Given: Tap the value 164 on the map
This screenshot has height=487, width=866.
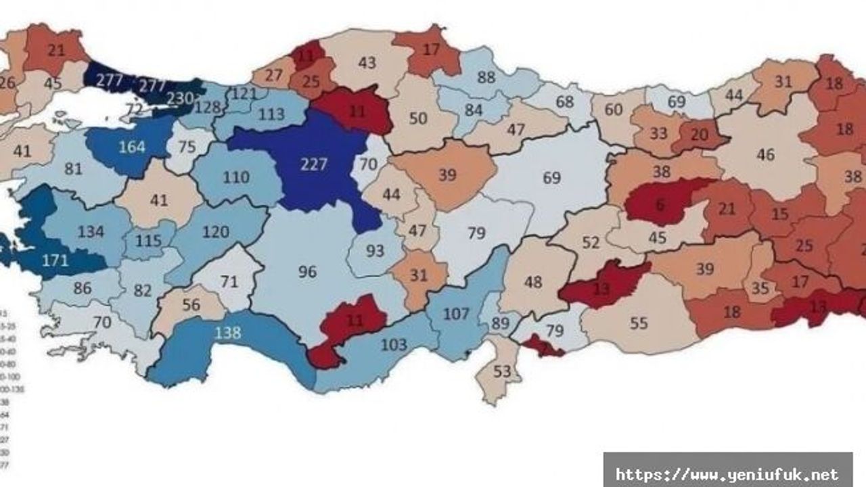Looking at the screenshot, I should (x=131, y=147).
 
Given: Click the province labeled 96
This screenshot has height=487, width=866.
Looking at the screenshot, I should (x=307, y=272).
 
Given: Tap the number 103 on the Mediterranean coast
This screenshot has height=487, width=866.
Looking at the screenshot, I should (x=393, y=345).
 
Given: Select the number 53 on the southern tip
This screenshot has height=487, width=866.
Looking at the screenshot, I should (x=501, y=371).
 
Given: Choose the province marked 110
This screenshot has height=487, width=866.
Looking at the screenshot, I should (x=236, y=178).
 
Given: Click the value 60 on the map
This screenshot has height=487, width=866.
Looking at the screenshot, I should (x=614, y=110).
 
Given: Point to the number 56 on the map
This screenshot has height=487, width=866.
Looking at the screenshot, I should (x=191, y=304).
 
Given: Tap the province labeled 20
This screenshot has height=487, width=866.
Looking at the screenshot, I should (x=699, y=134).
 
